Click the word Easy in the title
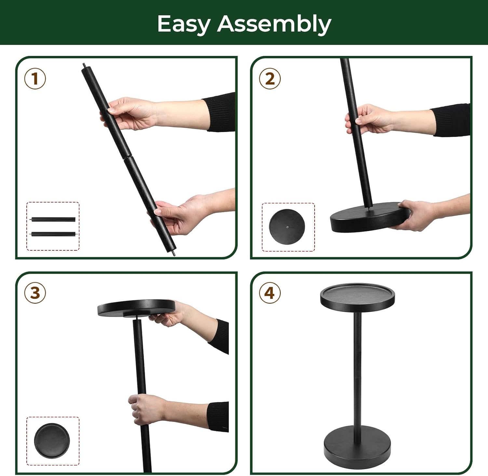[x=183, y=24]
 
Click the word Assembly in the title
[x=274, y=24]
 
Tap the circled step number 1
[x=35, y=79]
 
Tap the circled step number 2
[x=270, y=79]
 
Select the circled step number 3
[x=35, y=293]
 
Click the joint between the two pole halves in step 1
[x=127, y=158]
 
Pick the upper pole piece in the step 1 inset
[x=54, y=219]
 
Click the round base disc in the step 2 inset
[x=287, y=226]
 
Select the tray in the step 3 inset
[x=52, y=441]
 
